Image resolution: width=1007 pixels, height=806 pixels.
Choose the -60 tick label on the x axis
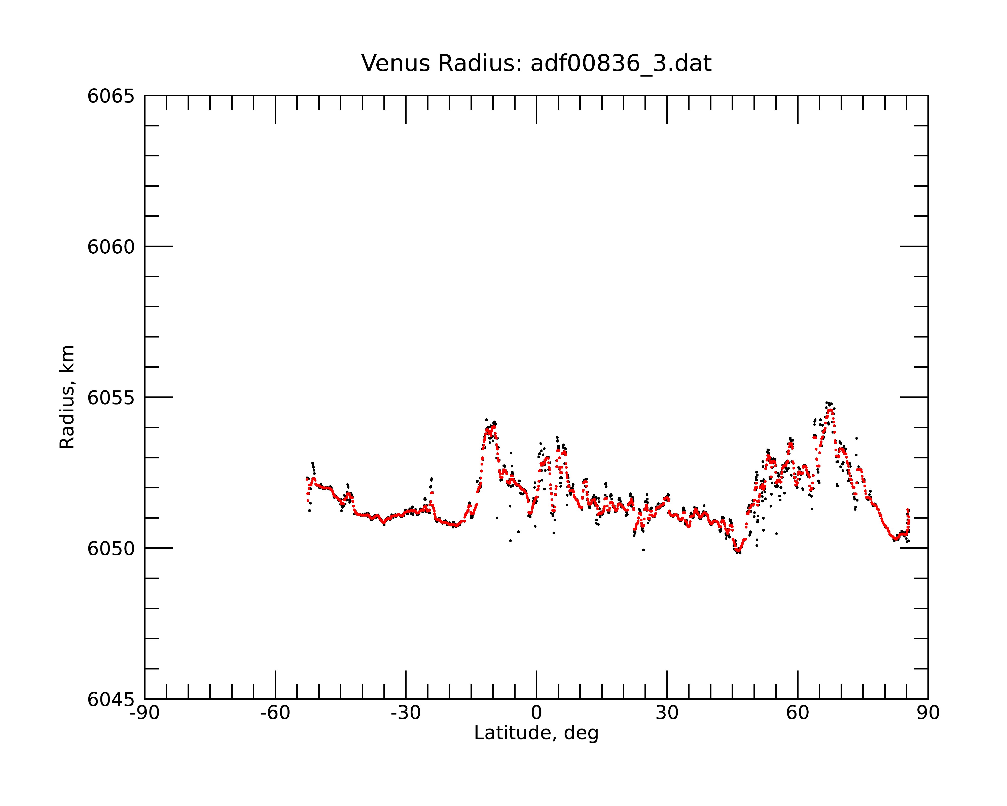click(x=275, y=713)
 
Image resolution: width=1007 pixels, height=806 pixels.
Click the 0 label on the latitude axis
click(x=536, y=713)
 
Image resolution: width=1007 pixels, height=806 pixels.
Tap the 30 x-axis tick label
click(x=667, y=713)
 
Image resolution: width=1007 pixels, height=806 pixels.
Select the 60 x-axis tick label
click(x=797, y=713)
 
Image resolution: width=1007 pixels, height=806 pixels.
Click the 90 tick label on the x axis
click(x=928, y=713)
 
